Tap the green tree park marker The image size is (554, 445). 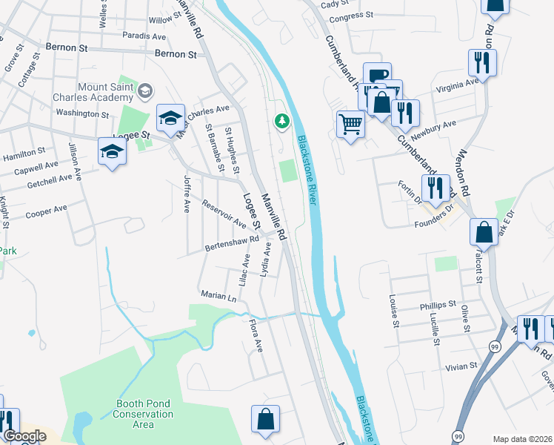(x=281, y=121)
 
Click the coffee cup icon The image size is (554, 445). (x=377, y=75)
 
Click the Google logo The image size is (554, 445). (x=24, y=436)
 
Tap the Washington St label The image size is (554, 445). (x=81, y=114)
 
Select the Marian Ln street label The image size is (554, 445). (x=218, y=295)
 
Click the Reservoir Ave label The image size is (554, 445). (x=224, y=214)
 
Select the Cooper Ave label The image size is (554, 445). (x=46, y=212)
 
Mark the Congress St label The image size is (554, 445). (x=350, y=16)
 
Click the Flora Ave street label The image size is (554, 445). (x=256, y=335)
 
